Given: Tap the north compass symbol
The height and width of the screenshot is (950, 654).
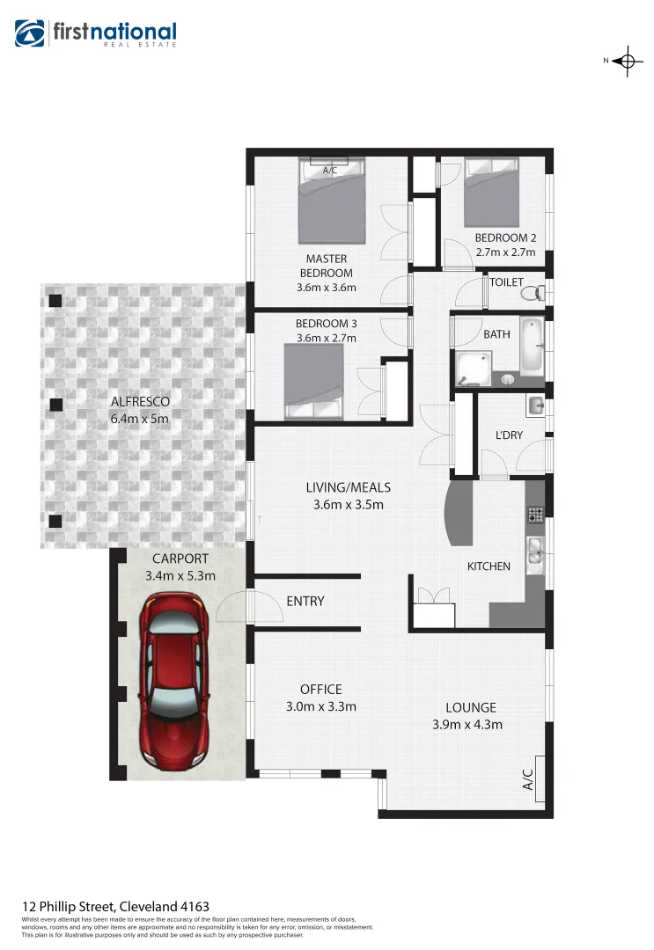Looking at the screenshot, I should (626, 61).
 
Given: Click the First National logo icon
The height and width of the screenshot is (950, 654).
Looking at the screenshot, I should (31, 34).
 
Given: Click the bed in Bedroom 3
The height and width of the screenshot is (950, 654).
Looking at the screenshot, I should (314, 381).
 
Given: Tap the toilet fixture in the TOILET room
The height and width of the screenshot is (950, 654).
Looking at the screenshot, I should (540, 292).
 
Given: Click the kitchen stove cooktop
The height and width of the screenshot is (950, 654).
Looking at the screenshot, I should (534, 514).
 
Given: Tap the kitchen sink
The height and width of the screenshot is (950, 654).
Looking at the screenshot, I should (534, 552).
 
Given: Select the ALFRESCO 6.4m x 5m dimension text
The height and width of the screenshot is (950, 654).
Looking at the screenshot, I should (140, 419).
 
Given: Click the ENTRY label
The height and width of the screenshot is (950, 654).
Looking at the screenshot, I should (305, 602).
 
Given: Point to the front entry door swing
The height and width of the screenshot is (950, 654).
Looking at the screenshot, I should (235, 605).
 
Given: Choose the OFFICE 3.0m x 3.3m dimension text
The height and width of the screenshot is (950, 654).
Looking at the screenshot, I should (320, 705).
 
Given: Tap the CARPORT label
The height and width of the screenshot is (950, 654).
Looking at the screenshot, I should (180, 559).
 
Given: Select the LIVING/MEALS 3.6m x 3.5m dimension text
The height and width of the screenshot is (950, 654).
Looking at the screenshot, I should (348, 505).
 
